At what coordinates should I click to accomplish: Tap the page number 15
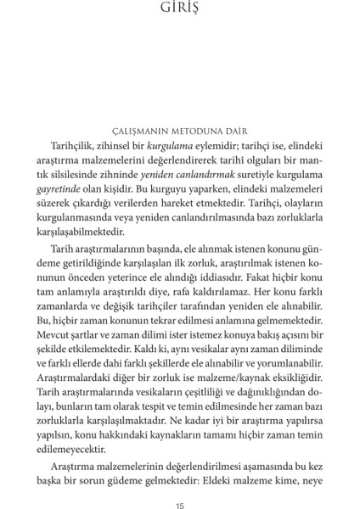180,484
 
